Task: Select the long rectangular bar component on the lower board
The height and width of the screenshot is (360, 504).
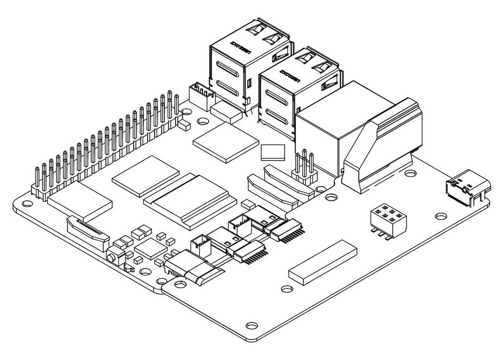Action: (323, 262)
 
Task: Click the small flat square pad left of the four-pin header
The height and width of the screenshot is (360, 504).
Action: (272, 152)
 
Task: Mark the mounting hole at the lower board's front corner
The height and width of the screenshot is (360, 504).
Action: (252, 325)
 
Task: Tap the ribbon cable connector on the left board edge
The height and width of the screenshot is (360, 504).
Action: (88, 232)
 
